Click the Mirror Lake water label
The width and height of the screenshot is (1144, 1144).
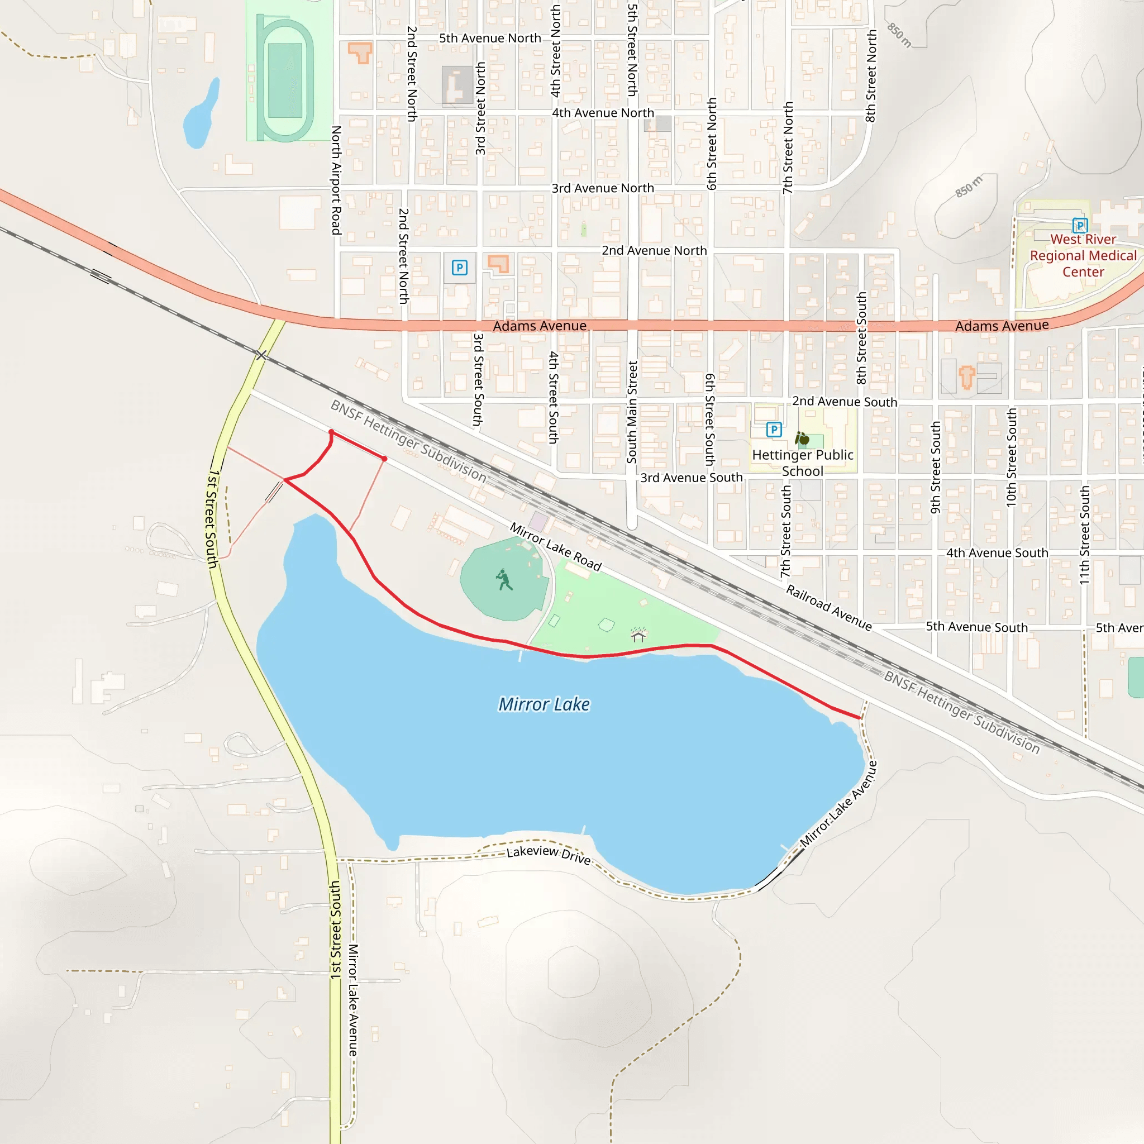(x=544, y=704)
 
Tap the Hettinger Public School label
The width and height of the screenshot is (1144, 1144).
(x=802, y=463)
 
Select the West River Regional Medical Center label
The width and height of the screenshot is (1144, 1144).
(x=1083, y=255)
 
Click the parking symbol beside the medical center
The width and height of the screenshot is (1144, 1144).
(x=1079, y=225)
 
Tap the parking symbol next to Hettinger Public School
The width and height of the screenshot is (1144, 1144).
(x=773, y=430)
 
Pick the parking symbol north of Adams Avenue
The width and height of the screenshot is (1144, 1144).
(x=460, y=268)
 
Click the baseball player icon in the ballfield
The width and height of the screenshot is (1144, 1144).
(x=504, y=580)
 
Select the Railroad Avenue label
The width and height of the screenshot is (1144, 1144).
(x=828, y=608)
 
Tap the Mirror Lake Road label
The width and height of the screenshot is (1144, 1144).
(x=555, y=546)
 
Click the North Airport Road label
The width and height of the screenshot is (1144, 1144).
(x=336, y=180)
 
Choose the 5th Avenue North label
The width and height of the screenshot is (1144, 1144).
(x=490, y=38)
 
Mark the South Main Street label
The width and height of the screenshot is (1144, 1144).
(x=632, y=412)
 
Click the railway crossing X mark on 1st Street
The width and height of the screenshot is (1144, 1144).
(x=261, y=355)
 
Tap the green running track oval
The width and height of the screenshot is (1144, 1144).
(x=285, y=80)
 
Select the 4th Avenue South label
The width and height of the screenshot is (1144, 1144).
(x=997, y=552)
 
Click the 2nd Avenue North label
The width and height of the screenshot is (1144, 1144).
(x=654, y=250)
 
